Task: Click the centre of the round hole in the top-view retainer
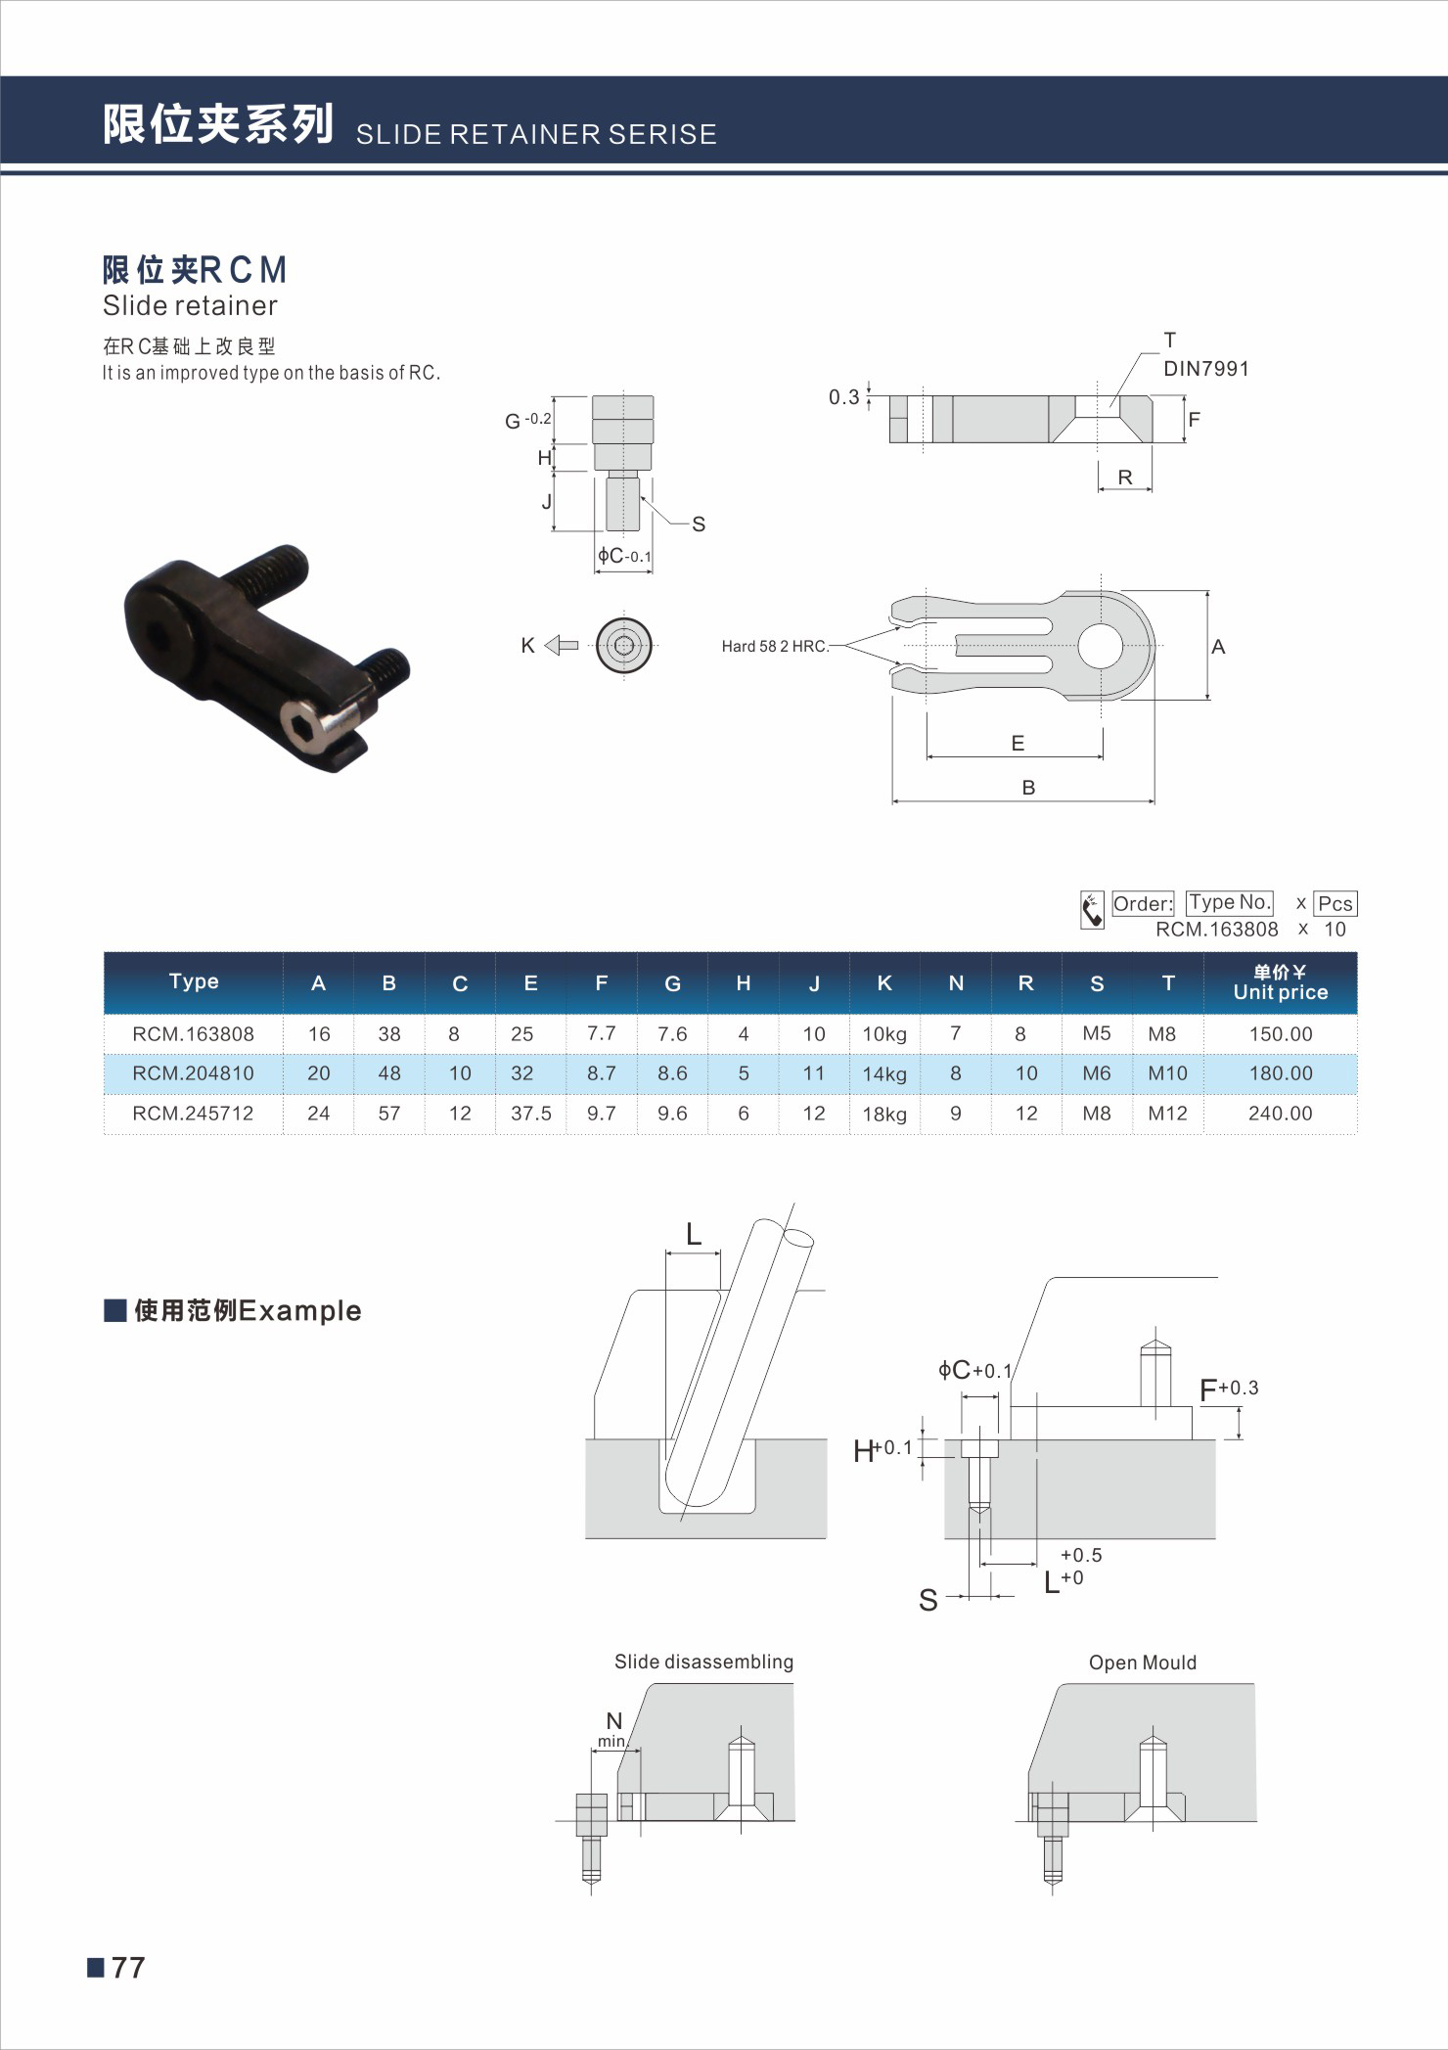1101,646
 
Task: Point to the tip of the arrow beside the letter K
545,645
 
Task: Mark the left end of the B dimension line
892,801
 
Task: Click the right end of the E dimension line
1103,756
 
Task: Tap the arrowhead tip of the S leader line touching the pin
640,496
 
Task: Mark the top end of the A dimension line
1207,591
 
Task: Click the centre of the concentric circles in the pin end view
623,645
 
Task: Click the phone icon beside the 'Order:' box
1092,909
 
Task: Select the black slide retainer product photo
266,658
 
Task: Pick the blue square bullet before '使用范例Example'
115,1310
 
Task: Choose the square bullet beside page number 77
96,1967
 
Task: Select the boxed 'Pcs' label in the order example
1335,903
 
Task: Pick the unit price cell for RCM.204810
1281,1073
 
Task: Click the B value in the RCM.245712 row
389,1114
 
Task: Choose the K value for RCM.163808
884,1034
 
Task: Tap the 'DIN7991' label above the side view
1205,369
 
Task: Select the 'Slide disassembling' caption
703,1662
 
